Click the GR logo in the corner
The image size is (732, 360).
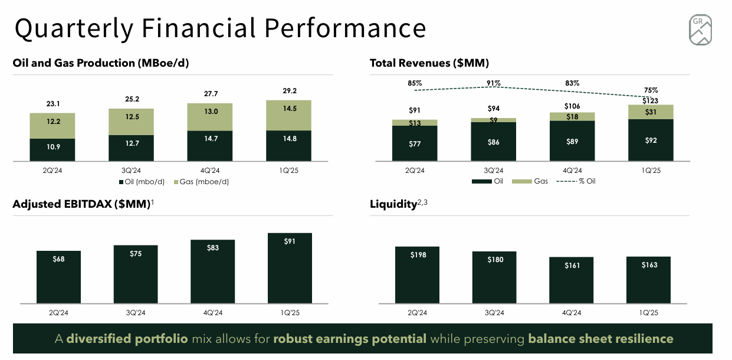tap(700, 30)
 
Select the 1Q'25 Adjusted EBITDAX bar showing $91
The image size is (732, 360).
tap(290, 269)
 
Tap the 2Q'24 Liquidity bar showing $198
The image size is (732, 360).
tap(417, 275)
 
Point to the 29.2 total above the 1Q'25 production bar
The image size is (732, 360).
tap(289, 91)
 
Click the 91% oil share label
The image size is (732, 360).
tap(494, 83)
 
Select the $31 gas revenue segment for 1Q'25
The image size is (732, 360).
tap(651, 112)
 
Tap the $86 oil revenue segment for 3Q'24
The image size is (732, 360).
tap(494, 142)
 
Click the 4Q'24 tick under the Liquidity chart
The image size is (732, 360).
tap(572, 313)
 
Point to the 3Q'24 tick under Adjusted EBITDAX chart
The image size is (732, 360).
tap(135, 313)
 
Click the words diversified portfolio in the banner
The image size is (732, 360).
tap(127, 339)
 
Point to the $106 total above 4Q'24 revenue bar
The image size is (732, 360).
tap(572, 106)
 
